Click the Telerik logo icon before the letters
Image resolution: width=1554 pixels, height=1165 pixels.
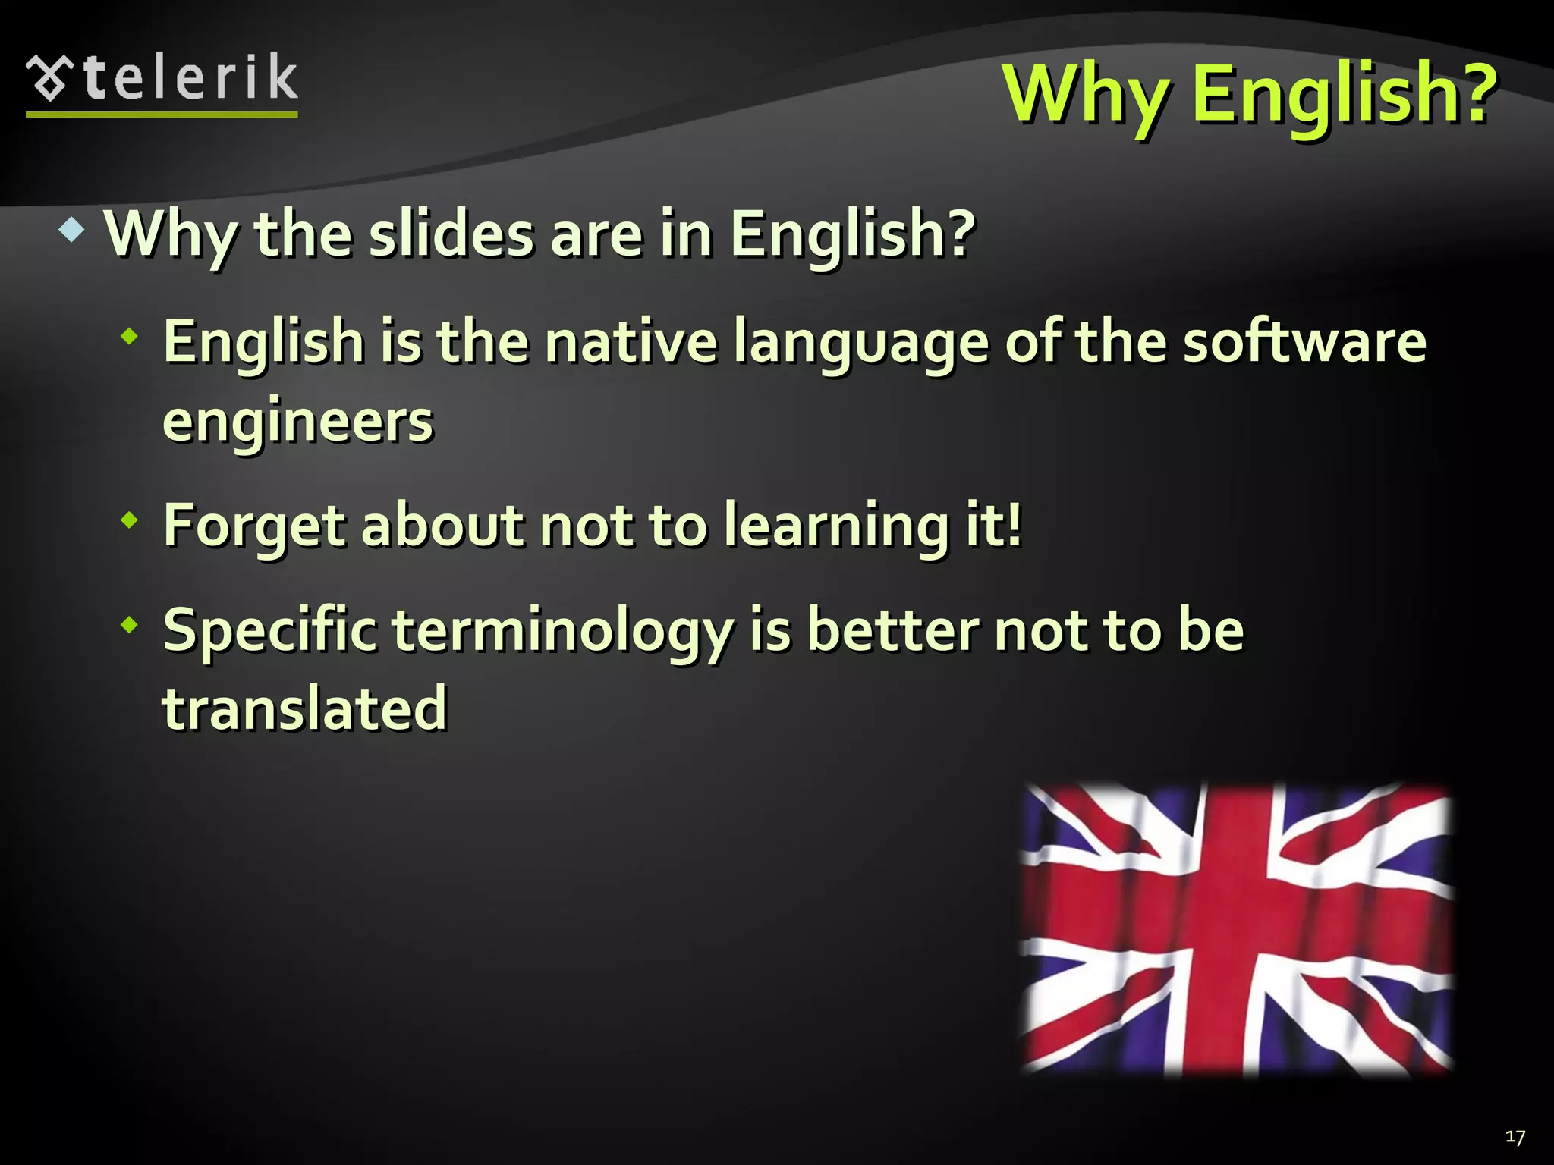(50, 77)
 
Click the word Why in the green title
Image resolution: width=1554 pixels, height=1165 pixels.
(1085, 94)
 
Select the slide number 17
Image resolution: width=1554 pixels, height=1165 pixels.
(1515, 1137)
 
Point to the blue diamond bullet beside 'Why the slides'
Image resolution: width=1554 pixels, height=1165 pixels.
(71, 231)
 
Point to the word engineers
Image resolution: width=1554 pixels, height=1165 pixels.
(297, 422)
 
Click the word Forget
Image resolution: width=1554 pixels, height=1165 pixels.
(254, 525)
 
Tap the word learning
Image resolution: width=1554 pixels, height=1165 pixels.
(835, 525)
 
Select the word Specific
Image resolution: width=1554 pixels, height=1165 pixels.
(269, 631)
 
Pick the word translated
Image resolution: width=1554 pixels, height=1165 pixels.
(304, 708)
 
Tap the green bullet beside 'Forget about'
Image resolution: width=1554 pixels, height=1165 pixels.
(131, 520)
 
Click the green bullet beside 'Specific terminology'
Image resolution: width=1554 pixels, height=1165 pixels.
(131, 626)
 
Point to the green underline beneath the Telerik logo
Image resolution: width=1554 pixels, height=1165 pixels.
(162, 115)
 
